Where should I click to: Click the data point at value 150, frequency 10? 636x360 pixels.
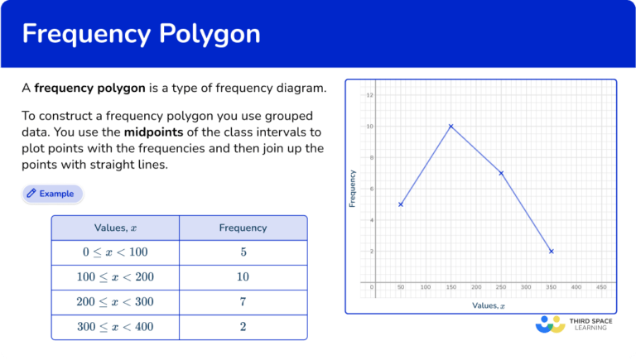[450, 127]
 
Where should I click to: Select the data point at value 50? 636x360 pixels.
[401, 204]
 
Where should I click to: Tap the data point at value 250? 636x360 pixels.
[501, 173]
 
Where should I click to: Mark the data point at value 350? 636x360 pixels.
[551, 251]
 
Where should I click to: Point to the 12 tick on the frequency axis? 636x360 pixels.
[369, 95]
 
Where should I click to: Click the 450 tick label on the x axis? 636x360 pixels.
[601, 288]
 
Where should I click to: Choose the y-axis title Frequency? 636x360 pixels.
[353, 188]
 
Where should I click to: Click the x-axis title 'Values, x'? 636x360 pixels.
[489, 305]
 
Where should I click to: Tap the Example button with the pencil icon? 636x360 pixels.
[52, 194]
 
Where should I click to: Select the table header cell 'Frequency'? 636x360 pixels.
[243, 228]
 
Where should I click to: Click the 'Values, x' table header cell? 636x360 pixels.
[115, 228]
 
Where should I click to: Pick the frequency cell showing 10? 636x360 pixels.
[243, 277]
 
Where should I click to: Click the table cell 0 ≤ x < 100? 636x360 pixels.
[115, 252]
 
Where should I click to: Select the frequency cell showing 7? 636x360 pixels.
[243, 302]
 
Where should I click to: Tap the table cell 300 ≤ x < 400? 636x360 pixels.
[115, 327]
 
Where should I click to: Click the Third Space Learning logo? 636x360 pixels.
[575, 324]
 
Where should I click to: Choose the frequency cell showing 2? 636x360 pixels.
[243, 327]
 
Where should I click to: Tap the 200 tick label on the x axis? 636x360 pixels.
[476, 288]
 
